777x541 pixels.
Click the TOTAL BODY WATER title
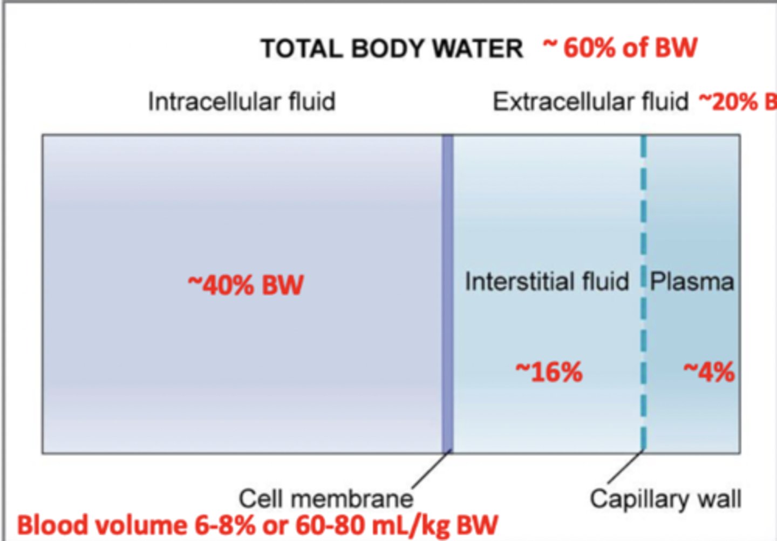(392, 49)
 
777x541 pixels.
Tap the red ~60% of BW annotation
(620, 48)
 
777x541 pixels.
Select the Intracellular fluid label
(242, 102)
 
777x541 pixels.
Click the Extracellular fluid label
(591, 102)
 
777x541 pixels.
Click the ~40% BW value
(246, 285)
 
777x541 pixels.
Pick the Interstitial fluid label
(547, 281)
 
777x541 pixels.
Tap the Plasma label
(692, 281)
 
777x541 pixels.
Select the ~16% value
(549, 371)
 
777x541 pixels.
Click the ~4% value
(709, 371)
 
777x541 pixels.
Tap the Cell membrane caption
(326, 498)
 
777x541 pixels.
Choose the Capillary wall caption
(665, 498)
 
